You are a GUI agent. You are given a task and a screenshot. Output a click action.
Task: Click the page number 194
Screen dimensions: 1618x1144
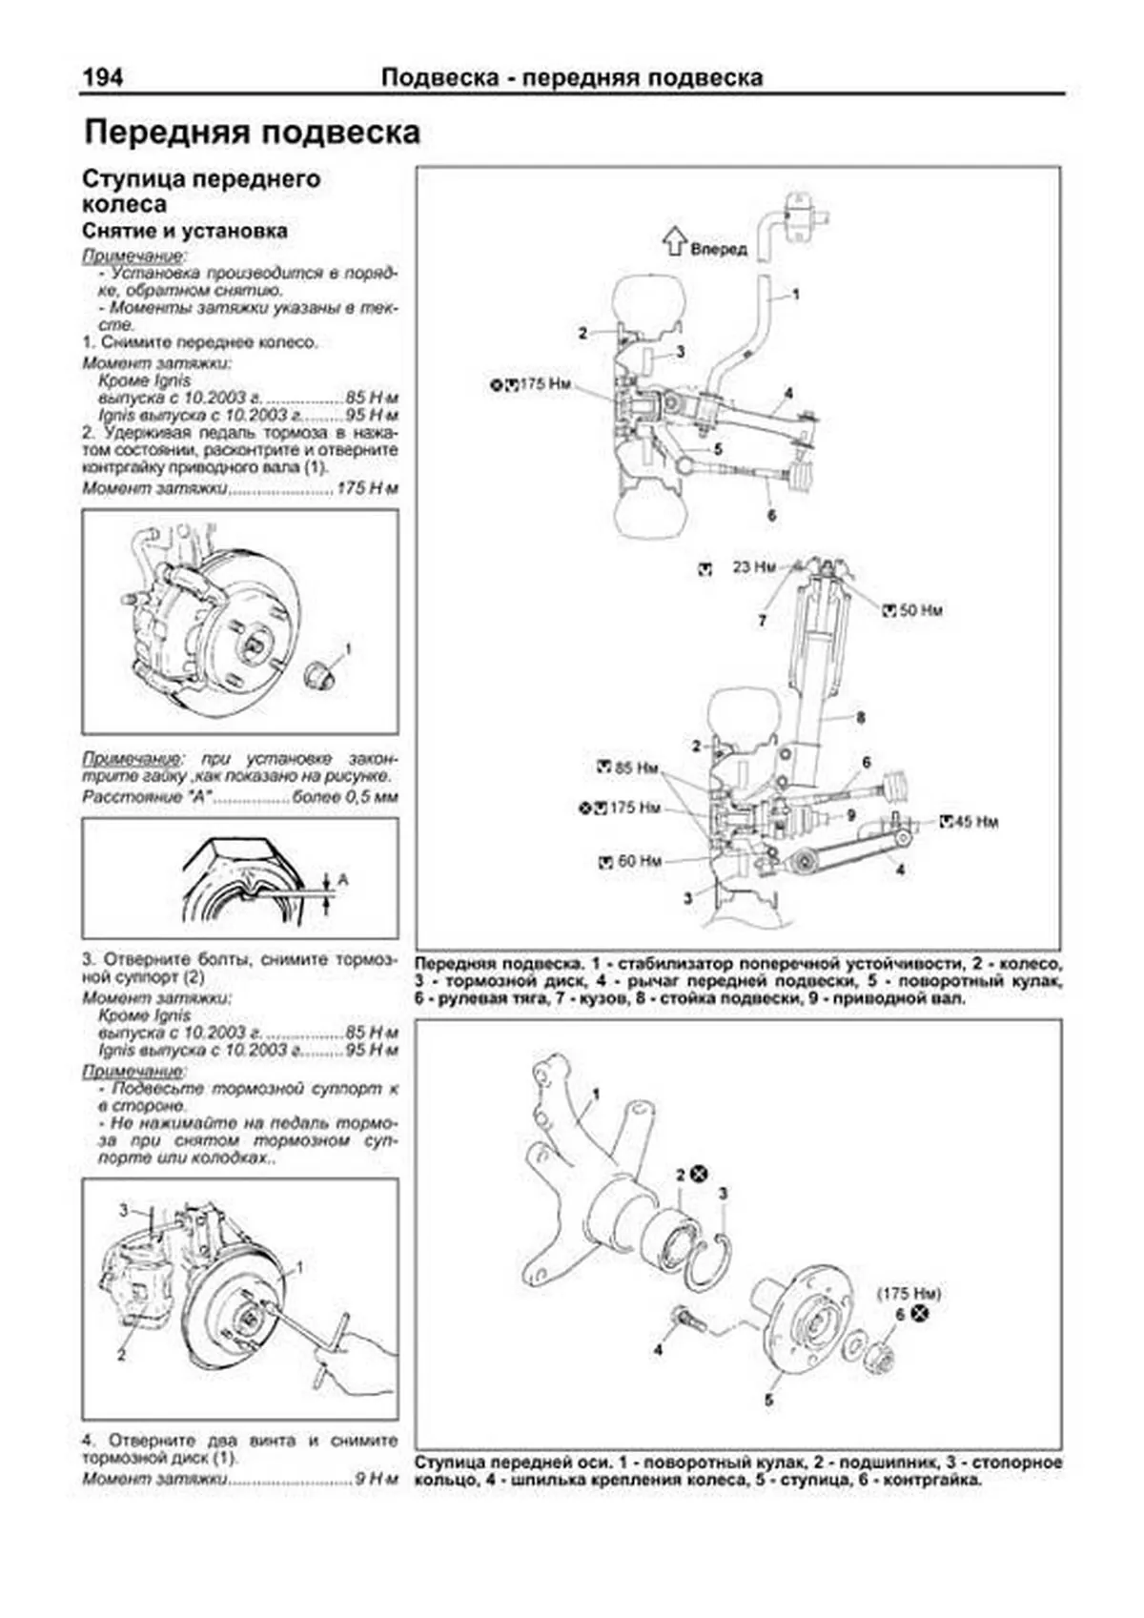[x=103, y=77]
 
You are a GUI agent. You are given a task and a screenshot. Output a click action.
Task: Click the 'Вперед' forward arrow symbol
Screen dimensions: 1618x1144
[x=675, y=241]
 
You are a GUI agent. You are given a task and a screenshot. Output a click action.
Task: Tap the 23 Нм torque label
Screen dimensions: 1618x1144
[x=753, y=567]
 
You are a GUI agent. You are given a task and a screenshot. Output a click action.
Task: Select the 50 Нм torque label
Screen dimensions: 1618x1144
[x=920, y=610]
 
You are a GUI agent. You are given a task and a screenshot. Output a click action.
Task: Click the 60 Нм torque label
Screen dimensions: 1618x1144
[x=639, y=861]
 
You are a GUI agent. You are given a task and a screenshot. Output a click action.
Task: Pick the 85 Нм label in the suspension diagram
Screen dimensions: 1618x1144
[x=636, y=768]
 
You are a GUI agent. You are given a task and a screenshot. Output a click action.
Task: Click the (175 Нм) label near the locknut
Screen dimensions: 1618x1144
[x=909, y=1294]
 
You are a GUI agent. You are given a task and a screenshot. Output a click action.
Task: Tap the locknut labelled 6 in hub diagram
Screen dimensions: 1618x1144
[x=878, y=1351]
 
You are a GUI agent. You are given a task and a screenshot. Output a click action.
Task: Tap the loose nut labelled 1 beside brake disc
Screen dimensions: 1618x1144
[x=321, y=675]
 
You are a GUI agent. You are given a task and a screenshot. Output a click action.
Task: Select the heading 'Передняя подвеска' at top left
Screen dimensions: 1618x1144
[x=253, y=132]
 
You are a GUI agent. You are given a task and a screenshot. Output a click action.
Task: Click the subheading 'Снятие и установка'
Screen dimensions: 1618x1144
[x=185, y=231]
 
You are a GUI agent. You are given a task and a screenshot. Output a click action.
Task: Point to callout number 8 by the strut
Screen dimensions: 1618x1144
[x=860, y=717]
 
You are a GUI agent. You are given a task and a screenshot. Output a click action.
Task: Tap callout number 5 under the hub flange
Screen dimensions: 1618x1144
[x=768, y=1401]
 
